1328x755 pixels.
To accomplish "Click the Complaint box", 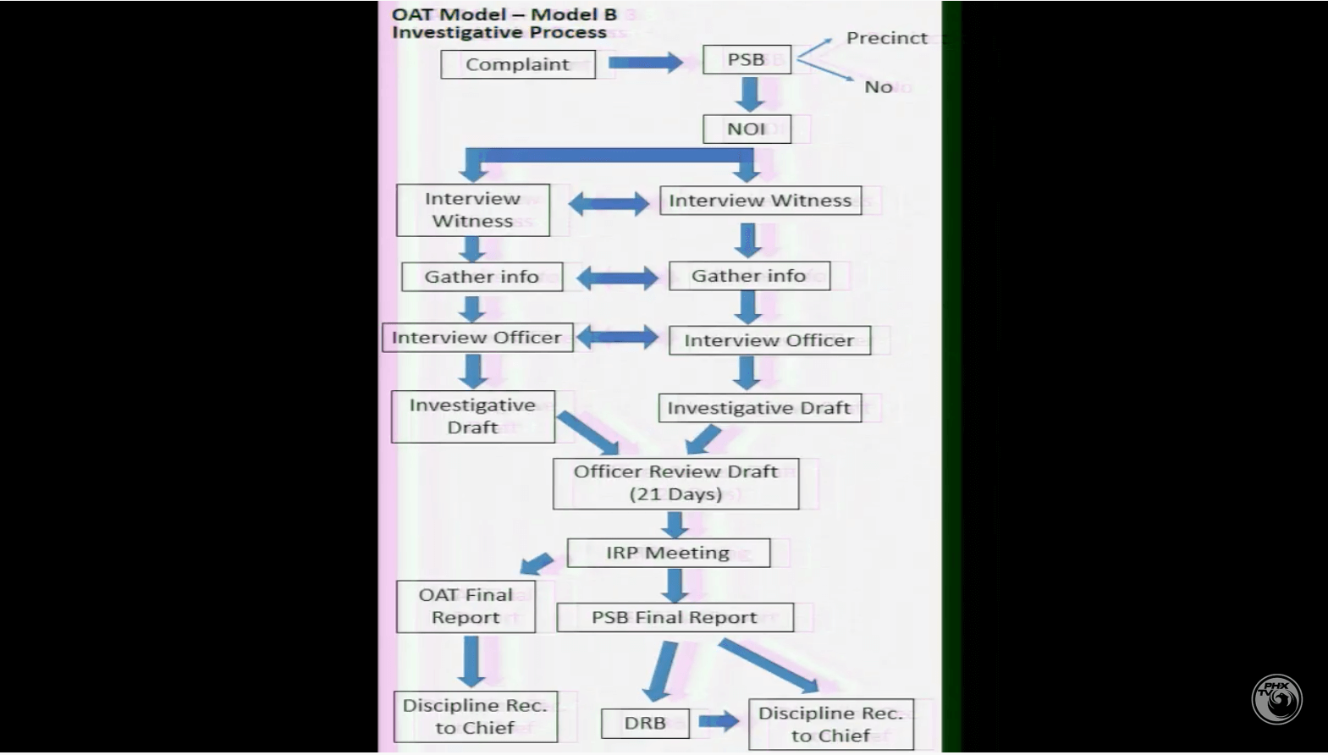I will point(517,64).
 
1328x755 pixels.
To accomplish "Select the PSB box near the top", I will point(747,59).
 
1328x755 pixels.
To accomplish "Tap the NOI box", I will point(747,129).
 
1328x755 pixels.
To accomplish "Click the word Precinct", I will point(886,38).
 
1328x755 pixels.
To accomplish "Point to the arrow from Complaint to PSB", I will point(645,62).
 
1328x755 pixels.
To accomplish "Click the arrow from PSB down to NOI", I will point(749,94).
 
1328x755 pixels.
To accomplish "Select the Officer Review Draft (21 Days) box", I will point(675,483).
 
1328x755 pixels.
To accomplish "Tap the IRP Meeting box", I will point(668,553).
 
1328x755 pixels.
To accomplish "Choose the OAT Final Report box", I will point(466,606).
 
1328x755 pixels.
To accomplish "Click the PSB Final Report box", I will point(675,617).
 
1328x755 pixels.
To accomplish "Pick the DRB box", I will point(645,723).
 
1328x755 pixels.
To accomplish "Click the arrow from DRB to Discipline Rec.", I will point(719,722).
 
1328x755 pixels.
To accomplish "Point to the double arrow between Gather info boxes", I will point(616,278).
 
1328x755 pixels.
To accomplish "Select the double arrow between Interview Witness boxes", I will point(608,203).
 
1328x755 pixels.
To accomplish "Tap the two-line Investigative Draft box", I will point(472,416).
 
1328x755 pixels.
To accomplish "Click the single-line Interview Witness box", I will point(760,201).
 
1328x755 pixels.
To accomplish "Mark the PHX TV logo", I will point(1276,698).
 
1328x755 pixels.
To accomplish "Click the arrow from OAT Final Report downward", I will point(471,661).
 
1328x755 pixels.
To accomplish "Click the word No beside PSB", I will point(878,86).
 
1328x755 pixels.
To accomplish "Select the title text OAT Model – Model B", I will point(504,14).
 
